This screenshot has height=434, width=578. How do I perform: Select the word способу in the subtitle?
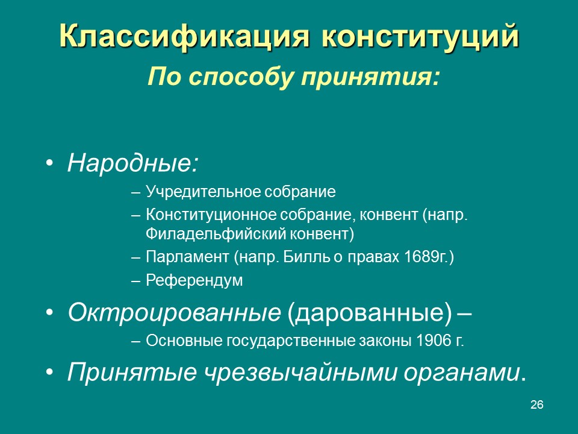[x=241, y=77]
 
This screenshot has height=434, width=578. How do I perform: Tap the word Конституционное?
[x=211, y=215]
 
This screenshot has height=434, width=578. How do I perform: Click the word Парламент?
[x=187, y=257]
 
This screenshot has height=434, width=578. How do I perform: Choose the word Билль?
[x=306, y=257]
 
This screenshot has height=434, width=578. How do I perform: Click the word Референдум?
[x=194, y=280]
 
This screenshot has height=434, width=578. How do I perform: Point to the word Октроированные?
[x=175, y=312]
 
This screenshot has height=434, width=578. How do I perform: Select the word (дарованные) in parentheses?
[x=369, y=313]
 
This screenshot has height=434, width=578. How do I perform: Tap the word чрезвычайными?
[x=300, y=373]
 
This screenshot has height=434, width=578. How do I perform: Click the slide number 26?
[x=536, y=405]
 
